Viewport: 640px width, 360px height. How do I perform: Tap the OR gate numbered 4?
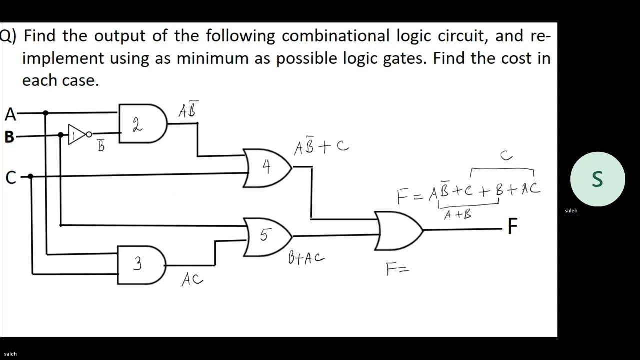[x=267, y=168]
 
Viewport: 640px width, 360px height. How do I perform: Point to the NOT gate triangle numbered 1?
[x=76, y=135]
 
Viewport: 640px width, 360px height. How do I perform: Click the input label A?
[x=10, y=115]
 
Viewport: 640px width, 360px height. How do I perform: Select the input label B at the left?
[x=9, y=137]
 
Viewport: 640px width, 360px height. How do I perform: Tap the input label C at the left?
[x=10, y=177]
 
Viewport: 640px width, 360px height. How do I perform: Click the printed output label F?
[x=512, y=227]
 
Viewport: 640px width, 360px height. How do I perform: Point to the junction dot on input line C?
[x=30, y=176]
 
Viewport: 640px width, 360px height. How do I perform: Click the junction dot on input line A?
[x=46, y=113]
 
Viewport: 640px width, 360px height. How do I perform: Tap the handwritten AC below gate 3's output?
[x=192, y=279]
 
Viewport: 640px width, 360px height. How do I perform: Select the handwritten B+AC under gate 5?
[x=306, y=258]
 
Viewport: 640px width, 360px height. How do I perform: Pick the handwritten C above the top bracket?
[x=506, y=156]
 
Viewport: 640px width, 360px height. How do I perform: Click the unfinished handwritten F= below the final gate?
[x=398, y=270]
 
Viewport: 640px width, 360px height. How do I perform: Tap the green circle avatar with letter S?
[x=597, y=179]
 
